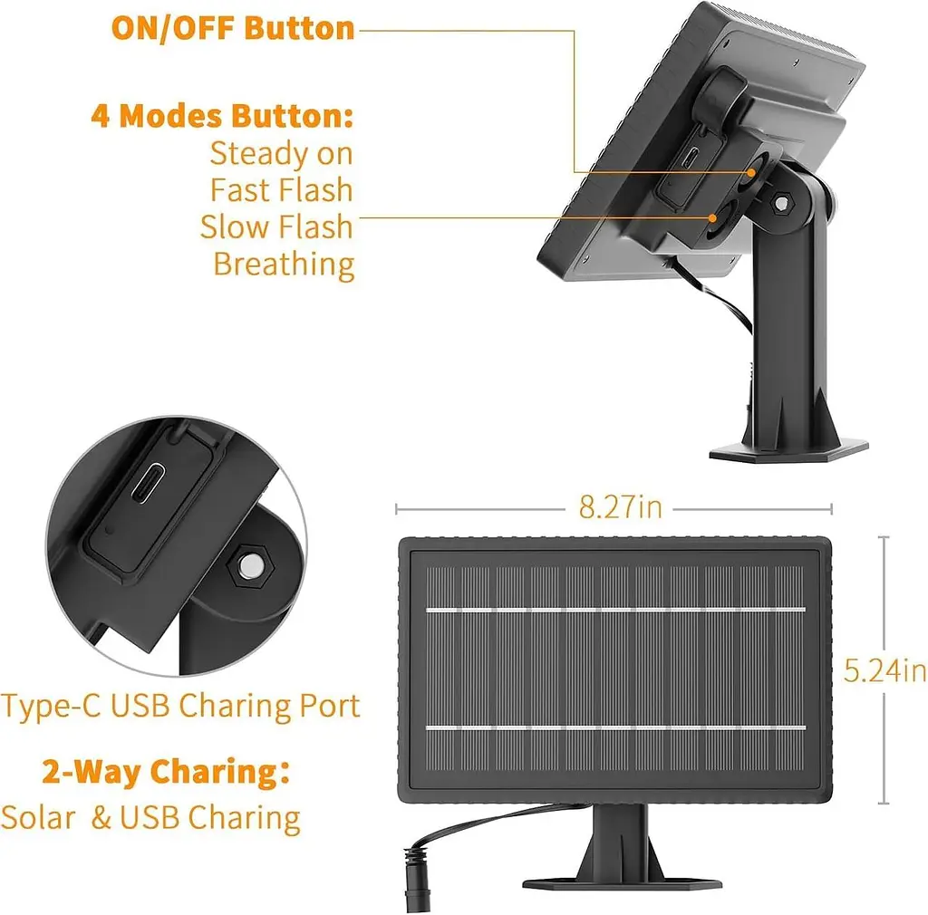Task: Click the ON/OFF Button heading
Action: tap(233, 28)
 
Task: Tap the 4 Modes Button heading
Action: tap(222, 115)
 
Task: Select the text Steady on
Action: tap(281, 153)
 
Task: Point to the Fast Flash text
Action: tap(281, 190)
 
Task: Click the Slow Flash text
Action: tap(276, 226)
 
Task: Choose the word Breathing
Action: tap(284, 265)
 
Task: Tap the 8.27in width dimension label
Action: tap(620, 507)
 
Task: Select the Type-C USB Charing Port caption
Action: tap(180, 706)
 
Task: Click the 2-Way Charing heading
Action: tap(166, 772)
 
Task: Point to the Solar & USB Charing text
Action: tap(150, 818)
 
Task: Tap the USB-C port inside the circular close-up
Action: tap(148, 483)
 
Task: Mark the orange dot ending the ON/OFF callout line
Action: tap(751, 173)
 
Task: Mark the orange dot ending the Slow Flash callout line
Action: tap(713, 217)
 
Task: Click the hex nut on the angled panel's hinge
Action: tap(781, 204)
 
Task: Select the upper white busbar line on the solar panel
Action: tap(615, 609)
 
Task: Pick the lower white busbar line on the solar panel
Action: tap(615, 727)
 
